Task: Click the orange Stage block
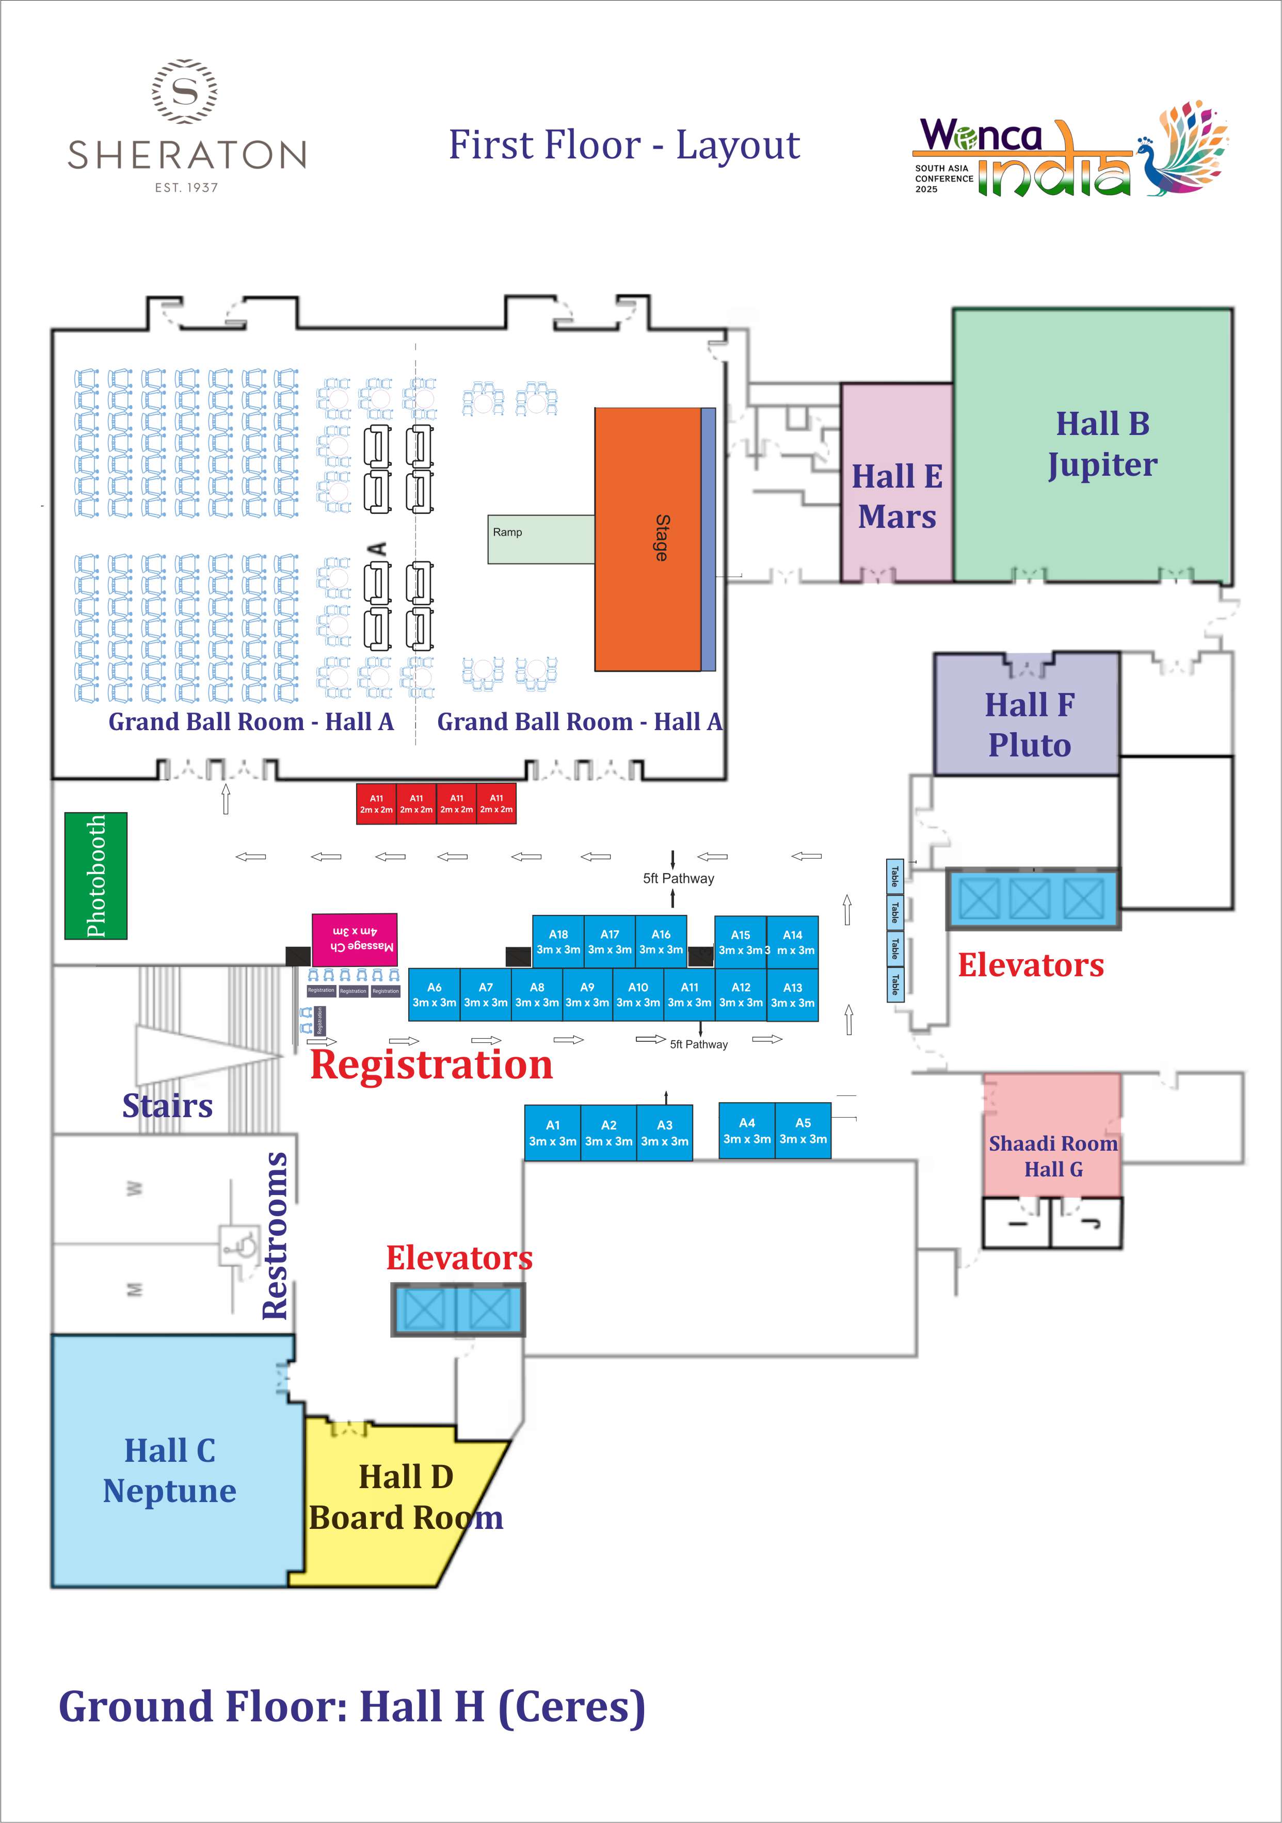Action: point(647,539)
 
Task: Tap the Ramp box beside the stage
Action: point(541,539)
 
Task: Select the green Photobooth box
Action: point(95,875)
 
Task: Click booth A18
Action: point(558,942)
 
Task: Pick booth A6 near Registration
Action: point(435,994)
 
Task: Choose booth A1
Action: point(553,1133)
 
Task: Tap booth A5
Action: point(803,1131)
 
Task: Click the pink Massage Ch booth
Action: point(354,939)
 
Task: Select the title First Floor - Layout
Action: point(624,146)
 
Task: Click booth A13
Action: point(793,995)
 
